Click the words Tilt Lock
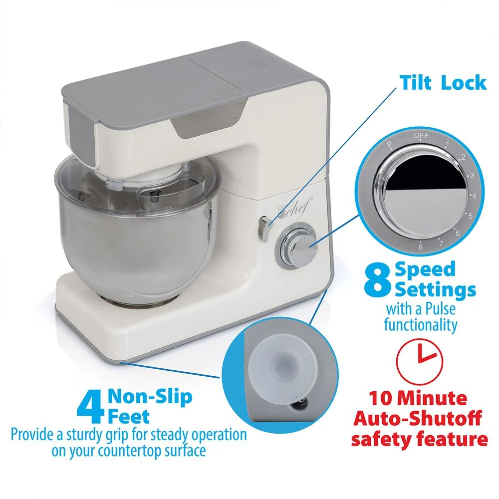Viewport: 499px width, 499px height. coord(443,83)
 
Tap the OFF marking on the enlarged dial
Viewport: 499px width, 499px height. coord(421,136)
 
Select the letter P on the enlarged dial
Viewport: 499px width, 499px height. coord(389,145)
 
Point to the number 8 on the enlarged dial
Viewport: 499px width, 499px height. coord(420,247)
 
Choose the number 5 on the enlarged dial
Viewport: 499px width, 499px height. coord(470,216)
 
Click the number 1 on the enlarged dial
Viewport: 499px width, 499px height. coord(447,144)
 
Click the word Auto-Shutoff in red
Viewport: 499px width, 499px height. coord(418,418)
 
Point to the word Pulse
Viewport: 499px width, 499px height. coord(441,309)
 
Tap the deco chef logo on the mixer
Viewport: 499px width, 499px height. coord(292,209)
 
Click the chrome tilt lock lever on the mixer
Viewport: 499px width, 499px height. coord(264,228)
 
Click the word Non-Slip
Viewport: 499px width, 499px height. coord(150,397)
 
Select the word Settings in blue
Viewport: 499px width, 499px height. coord(435,289)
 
